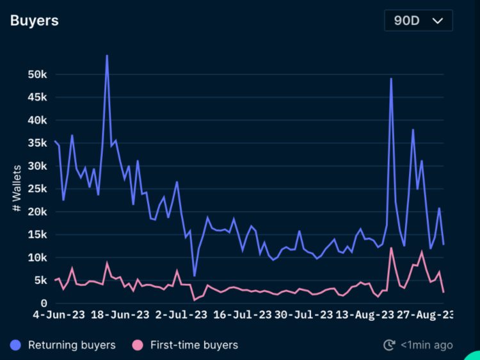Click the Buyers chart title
click(35, 20)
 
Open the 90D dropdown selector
click(418, 20)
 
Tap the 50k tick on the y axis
click(38, 74)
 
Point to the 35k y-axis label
click(38, 143)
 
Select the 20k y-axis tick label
click(38, 211)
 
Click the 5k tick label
click(40, 280)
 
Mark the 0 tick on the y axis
click(44, 303)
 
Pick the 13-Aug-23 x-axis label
click(364, 315)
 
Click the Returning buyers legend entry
click(63, 345)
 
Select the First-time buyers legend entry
click(186, 345)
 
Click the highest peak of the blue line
click(107, 56)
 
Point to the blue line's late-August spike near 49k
click(391, 79)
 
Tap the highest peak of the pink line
click(391, 248)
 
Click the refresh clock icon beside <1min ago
click(389, 345)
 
